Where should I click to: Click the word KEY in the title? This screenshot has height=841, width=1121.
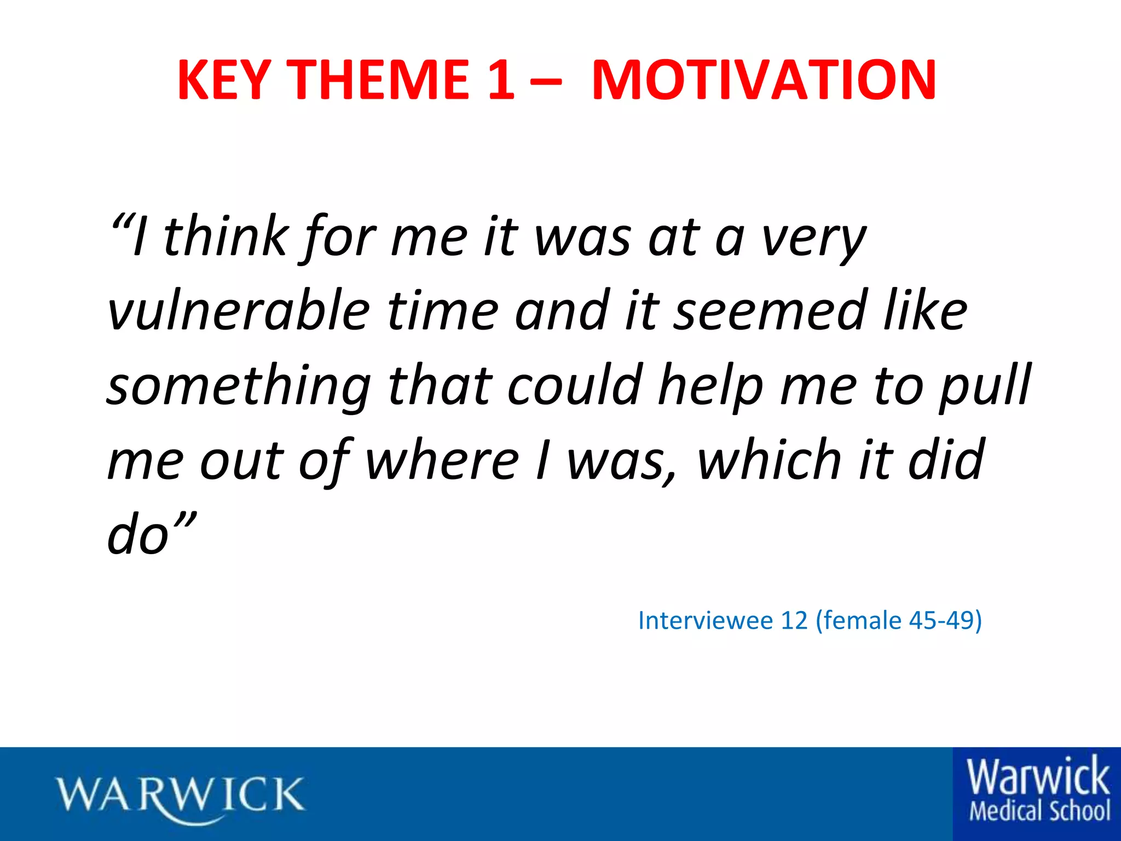[224, 80]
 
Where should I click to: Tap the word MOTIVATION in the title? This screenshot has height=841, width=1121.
[764, 80]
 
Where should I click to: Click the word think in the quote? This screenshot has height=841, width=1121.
[225, 237]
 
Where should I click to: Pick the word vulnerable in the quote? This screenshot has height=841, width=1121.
[239, 310]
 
